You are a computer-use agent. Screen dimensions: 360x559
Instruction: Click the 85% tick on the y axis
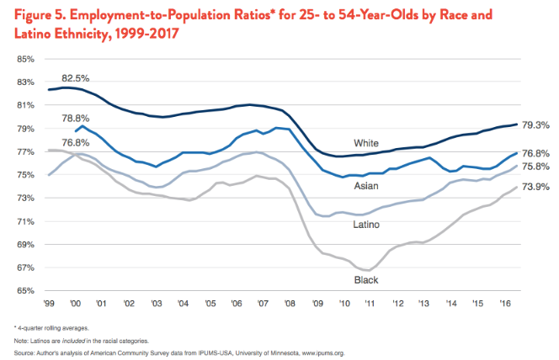[x=24, y=59]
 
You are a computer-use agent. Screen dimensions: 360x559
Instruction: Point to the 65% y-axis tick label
[x=24, y=291]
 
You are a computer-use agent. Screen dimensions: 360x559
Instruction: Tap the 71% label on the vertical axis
[x=24, y=221]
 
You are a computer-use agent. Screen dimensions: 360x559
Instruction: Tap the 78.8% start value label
[x=77, y=119]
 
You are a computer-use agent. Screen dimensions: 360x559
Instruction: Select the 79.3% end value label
[x=536, y=124]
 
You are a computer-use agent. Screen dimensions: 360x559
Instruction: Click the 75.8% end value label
[x=536, y=167]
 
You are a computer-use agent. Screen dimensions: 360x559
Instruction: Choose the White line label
[x=366, y=142]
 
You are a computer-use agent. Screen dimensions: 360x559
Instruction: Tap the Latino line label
[x=365, y=225]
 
